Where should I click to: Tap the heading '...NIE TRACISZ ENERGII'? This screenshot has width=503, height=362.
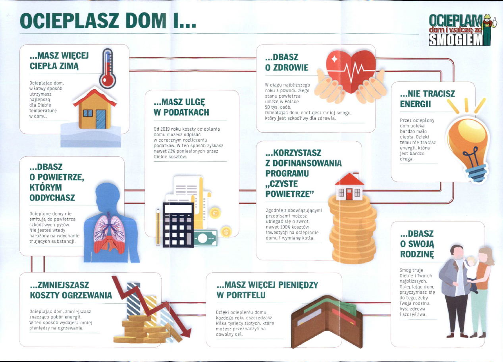[427, 99]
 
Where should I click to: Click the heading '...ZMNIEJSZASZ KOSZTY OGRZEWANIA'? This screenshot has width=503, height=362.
[71, 290]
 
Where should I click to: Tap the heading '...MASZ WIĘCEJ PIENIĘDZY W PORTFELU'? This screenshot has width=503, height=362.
[267, 290]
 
